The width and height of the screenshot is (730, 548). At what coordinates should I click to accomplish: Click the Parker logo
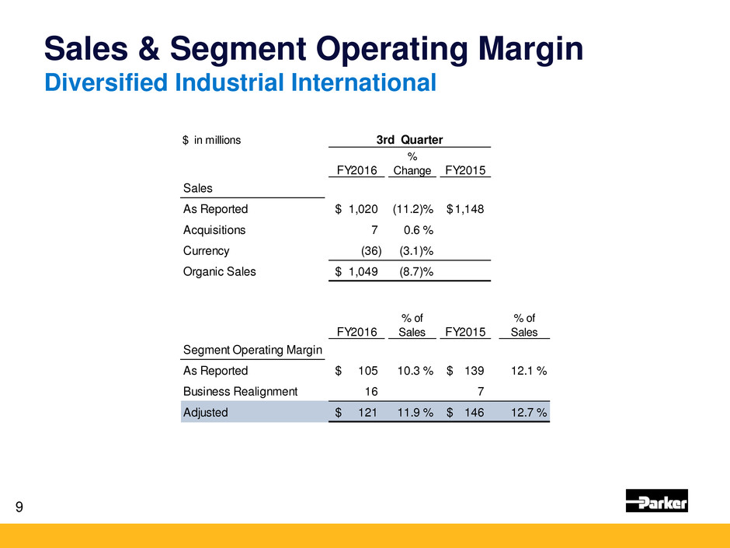click(x=656, y=501)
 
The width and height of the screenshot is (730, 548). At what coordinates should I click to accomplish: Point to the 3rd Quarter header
click(x=409, y=140)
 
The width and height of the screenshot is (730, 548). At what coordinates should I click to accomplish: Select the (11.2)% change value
click(x=412, y=208)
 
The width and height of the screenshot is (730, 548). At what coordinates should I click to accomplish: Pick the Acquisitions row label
click(x=214, y=229)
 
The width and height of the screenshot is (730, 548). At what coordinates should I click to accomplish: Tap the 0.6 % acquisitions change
click(x=419, y=229)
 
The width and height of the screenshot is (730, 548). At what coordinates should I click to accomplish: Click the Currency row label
click(x=206, y=251)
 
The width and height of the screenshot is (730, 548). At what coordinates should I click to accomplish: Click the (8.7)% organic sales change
click(x=415, y=272)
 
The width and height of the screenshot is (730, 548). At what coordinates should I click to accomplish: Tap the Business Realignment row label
click(x=240, y=392)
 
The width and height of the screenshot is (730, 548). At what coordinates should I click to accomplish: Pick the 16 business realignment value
click(x=371, y=392)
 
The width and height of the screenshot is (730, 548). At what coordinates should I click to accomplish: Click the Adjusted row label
click(x=205, y=413)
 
